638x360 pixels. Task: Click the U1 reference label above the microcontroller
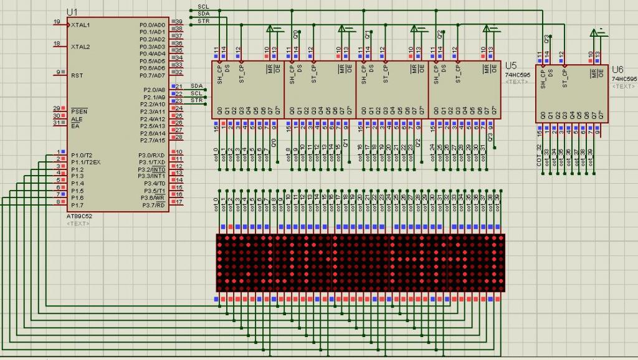tap(73, 12)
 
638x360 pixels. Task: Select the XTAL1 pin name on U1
tap(80, 25)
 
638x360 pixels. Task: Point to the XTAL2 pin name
tap(80, 47)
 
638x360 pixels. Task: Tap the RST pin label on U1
tap(77, 75)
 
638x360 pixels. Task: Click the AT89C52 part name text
tap(79, 216)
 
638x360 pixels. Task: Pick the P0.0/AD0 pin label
tap(153, 25)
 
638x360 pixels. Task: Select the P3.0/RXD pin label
tap(153, 155)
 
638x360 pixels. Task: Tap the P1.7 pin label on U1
tap(77, 205)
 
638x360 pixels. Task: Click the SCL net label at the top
tap(203, 7)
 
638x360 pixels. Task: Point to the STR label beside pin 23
tap(197, 100)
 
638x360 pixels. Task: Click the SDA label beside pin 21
tap(197, 85)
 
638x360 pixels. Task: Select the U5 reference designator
tap(511, 65)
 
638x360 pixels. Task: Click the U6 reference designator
tap(617, 70)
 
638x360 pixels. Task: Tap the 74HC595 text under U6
tap(624, 79)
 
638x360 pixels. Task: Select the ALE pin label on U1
tap(77, 119)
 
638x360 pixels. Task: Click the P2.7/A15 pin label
tap(153, 140)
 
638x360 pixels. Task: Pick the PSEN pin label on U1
tap(79, 111)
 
